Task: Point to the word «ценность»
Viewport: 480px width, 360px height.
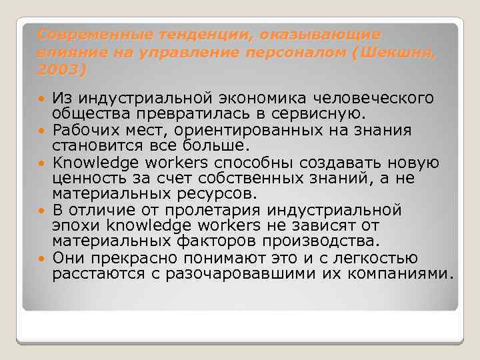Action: (87, 177)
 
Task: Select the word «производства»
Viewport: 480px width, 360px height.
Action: (321, 241)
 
